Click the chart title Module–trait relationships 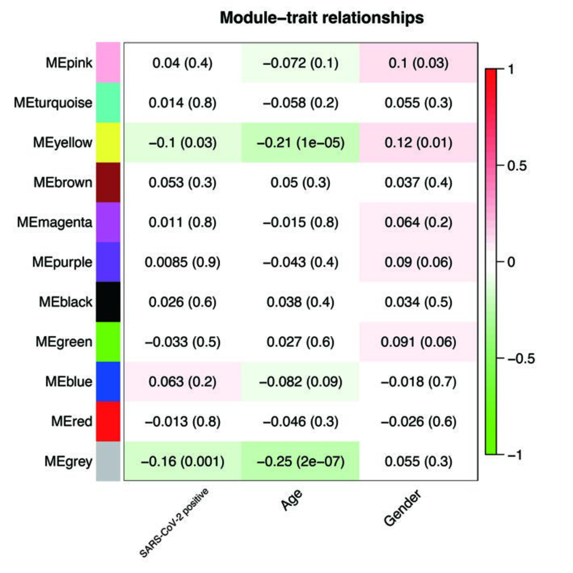click(x=321, y=18)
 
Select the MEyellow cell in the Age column click(x=300, y=142)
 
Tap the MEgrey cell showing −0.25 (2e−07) click(x=300, y=461)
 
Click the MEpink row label click(x=69, y=63)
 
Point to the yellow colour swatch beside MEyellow click(x=108, y=142)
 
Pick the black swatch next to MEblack click(x=108, y=302)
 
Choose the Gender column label click(x=402, y=508)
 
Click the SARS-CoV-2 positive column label click(x=174, y=523)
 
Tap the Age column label click(x=291, y=500)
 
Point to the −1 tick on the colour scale click(x=513, y=454)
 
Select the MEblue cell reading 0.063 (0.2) click(x=182, y=381)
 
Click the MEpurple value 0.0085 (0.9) click(x=182, y=262)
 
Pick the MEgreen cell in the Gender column click(x=418, y=342)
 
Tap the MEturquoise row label click(x=53, y=103)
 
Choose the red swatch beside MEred click(x=108, y=421)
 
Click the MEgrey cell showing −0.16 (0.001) click(x=182, y=461)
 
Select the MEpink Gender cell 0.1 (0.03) click(x=418, y=63)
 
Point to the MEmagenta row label click(x=54, y=222)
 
